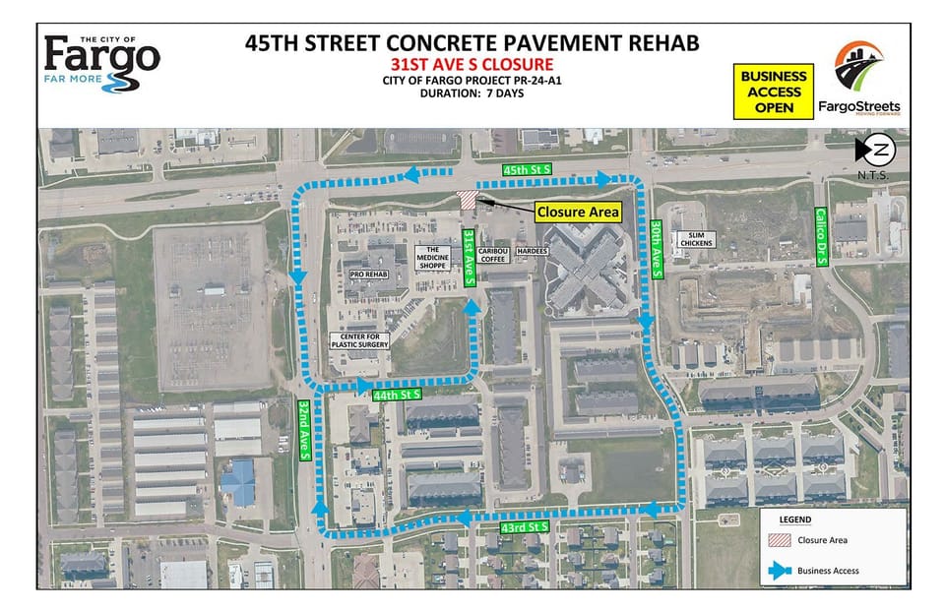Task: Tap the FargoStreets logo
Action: click(865, 78)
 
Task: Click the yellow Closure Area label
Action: click(577, 212)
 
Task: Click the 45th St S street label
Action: click(527, 170)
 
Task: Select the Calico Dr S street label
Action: click(820, 232)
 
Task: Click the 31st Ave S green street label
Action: click(472, 258)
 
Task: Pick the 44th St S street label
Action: click(398, 394)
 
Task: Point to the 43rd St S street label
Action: click(524, 528)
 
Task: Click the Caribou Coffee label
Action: click(492, 255)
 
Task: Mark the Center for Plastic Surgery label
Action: click(358, 340)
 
